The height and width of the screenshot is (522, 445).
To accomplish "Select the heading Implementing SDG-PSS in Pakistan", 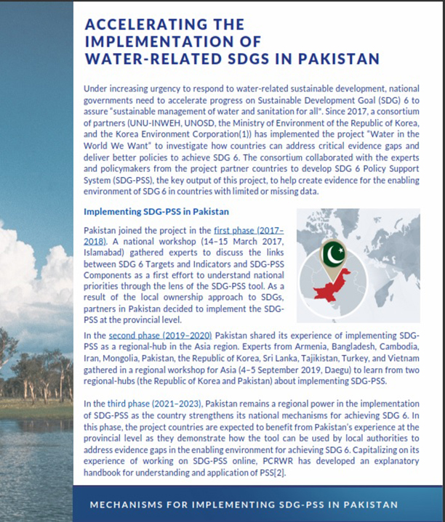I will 157,212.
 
